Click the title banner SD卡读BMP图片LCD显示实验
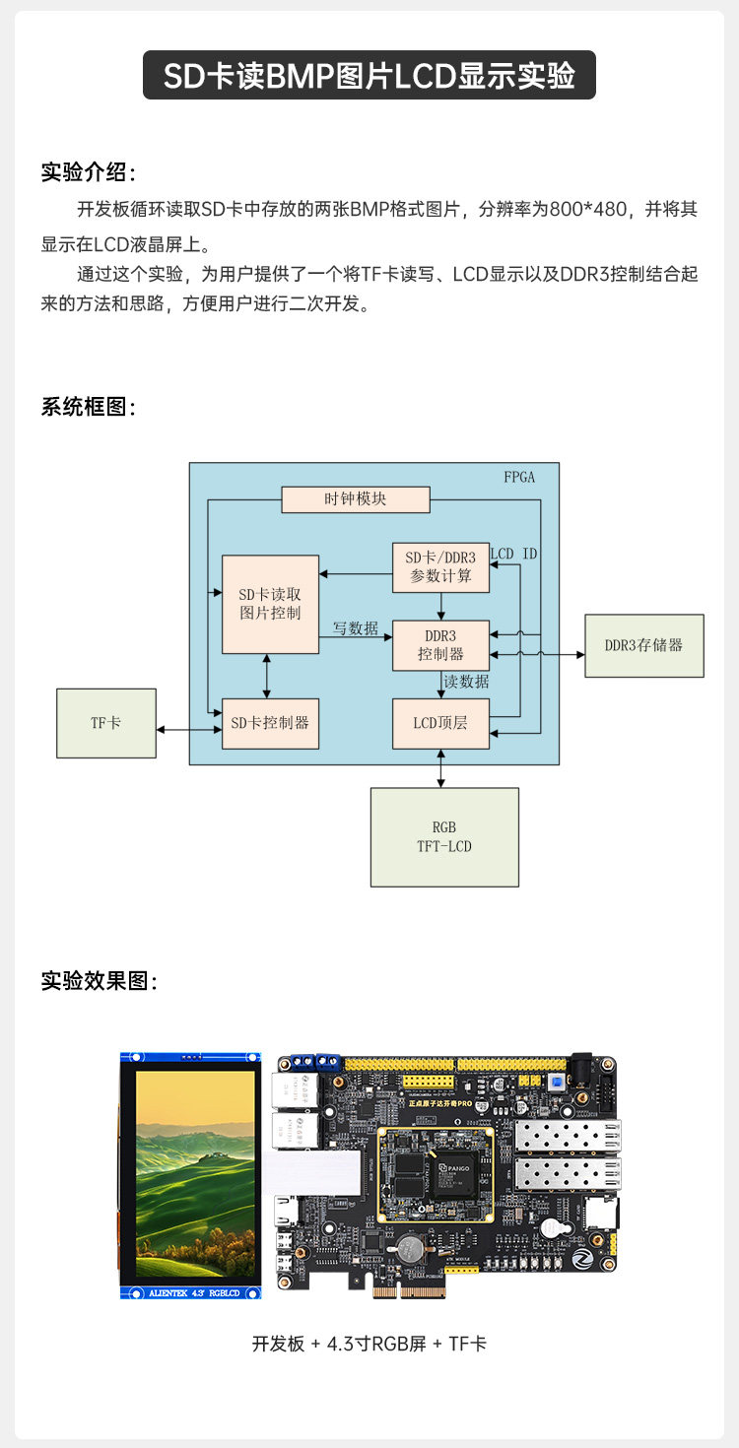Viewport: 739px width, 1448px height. pos(369,76)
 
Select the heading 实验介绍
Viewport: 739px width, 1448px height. pos(88,171)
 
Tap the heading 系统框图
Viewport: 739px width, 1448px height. pos(88,406)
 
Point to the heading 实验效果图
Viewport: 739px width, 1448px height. pos(99,981)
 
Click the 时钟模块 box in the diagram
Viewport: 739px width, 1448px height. pos(356,499)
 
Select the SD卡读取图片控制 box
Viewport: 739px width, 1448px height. pos(270,604)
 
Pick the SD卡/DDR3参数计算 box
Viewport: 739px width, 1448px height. pos(440,567)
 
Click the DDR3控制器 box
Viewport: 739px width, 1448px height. pos(440,644)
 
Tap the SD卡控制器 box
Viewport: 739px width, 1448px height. pos(270,722)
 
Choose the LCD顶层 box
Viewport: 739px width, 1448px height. pos(440,723)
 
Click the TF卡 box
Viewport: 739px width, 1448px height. pos(106,723)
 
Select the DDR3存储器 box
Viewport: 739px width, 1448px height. pos(644,645)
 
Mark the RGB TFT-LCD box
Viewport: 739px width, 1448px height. pos(444,836)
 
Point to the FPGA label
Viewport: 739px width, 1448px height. pos(519,478)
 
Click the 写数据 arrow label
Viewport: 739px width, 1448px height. pos(355,628)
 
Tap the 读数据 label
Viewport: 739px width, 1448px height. pos(466,682)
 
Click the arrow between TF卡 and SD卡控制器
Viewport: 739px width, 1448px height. pos(189,730)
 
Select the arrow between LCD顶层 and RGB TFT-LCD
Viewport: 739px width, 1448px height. pos(440,768)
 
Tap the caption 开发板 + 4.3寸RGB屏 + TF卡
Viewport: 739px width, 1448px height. pos(369,1344)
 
